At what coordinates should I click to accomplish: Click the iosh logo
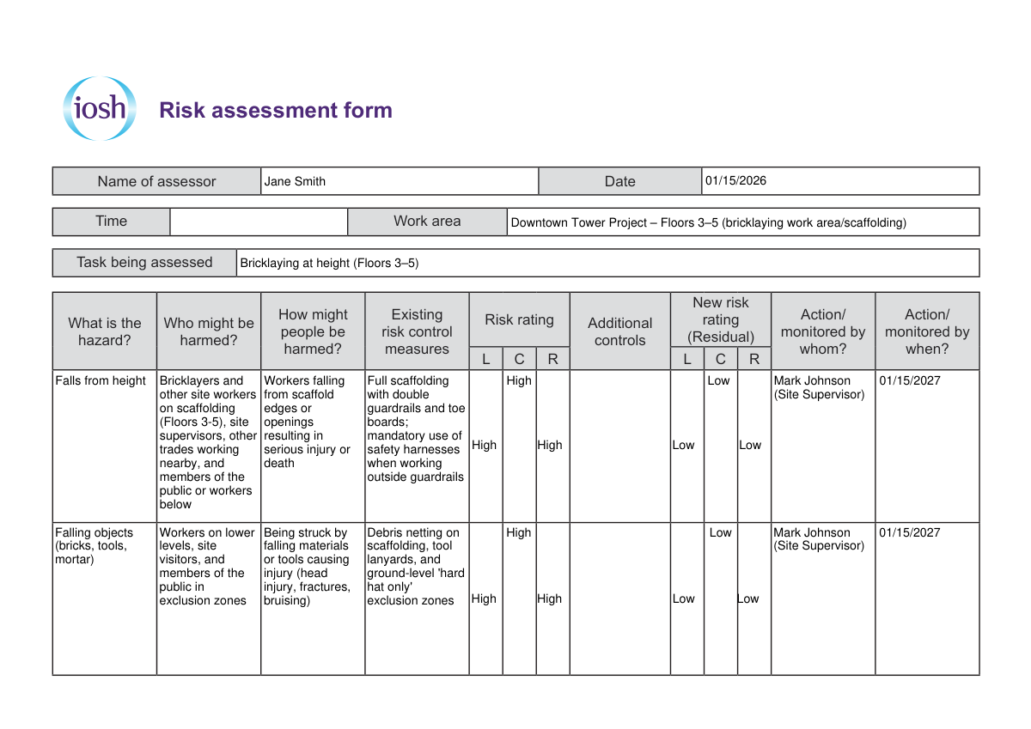click(100, 109)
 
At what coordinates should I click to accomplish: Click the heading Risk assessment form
click(276, 110)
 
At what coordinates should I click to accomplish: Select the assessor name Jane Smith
click(295, 181)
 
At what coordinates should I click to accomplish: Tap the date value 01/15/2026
click(735, 181)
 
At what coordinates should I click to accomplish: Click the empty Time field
click(259, 222)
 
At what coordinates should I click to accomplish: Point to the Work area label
click(427, 222)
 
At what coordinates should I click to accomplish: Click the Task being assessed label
click(144, 263)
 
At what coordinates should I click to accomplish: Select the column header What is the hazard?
click(105, 331)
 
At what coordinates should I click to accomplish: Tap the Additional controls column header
click(619, 331)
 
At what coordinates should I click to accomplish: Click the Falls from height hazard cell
click(101, 381)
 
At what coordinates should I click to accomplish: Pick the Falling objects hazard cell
click(91, 546)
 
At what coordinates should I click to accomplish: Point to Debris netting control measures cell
click(416, 567)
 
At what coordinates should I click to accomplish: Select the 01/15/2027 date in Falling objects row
click(909, 532)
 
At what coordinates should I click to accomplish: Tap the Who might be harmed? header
click(209, 331)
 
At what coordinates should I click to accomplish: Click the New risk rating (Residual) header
click(720, 319)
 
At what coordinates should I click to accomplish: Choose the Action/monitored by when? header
click(927, 331)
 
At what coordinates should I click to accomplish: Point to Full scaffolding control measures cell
click(416, 428)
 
